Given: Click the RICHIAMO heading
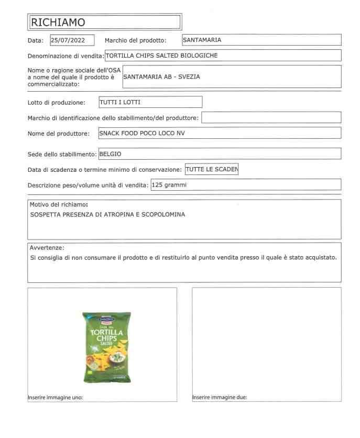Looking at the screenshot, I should [58, 22].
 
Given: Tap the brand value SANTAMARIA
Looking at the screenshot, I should [202, 39].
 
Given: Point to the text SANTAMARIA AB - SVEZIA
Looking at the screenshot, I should [161, 76].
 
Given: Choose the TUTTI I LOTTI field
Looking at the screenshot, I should [150, 102].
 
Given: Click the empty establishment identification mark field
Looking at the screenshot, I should [271, 117].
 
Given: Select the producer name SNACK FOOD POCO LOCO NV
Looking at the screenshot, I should [142, 133].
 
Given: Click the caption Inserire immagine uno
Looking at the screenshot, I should [55, 397].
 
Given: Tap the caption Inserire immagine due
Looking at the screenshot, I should [220, 397].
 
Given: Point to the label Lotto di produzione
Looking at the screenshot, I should [56, 103].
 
